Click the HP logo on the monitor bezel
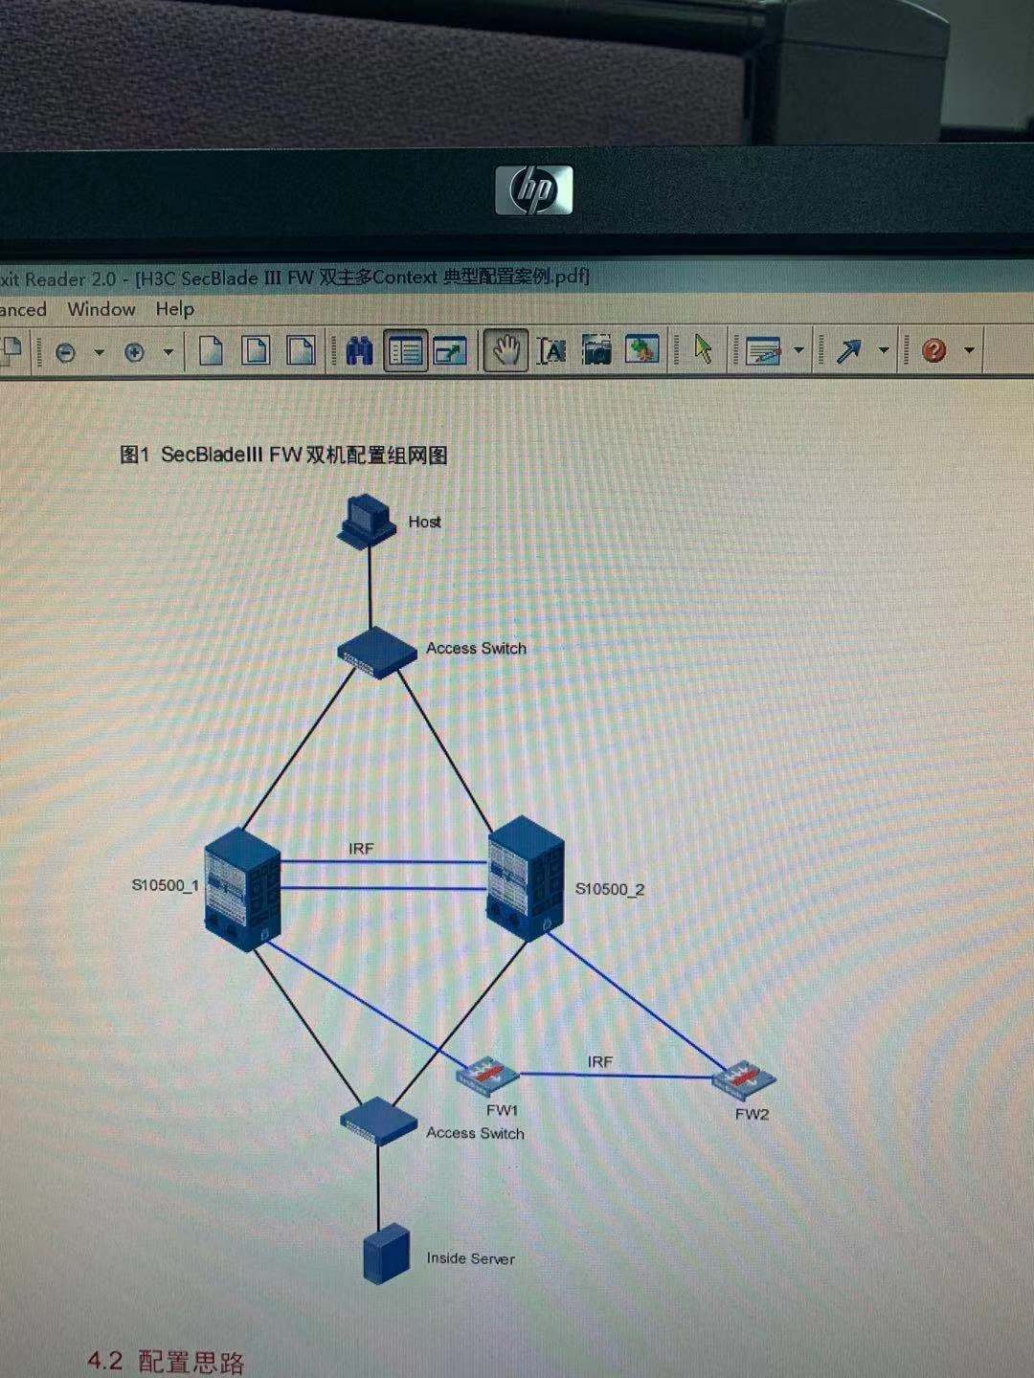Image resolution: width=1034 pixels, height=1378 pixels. [x=533, y=189]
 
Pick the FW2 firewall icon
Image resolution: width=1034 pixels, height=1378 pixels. [x=744, y=1079]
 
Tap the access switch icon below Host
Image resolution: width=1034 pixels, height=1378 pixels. [x=377, y=652]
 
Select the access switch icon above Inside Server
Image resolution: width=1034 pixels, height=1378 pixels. [x=378, y=1120]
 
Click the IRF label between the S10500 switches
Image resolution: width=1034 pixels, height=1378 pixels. [x=361, y=849]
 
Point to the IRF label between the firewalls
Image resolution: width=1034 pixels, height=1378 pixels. [x=600, y=1061]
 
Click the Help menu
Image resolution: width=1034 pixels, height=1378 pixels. [x=174, y=309]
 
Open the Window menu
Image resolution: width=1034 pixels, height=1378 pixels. [x=101, y=309]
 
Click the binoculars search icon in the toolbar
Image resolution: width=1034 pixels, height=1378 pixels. [x=359, y=351]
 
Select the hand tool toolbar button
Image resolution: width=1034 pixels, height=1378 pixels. [x=505, y=351]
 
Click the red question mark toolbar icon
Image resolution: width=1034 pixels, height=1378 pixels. [x=933, y=350]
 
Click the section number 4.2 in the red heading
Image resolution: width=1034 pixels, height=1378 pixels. [x=105, y=1360]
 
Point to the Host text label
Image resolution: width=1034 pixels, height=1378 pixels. [x=424, y=522]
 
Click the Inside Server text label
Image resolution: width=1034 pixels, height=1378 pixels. [x=470, y=1258]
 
